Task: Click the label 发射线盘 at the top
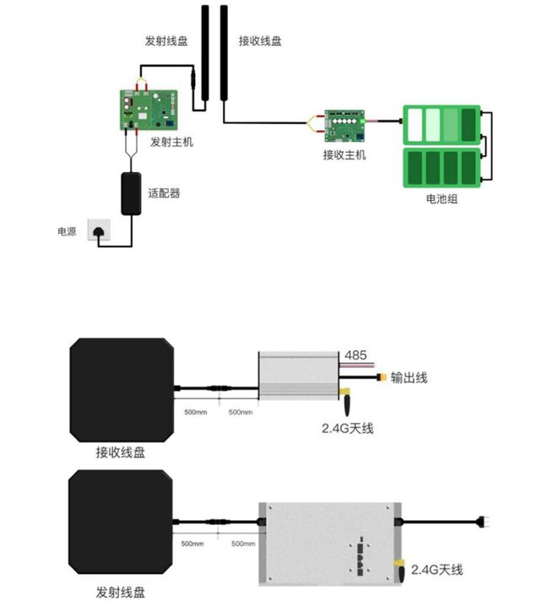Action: [165, 41]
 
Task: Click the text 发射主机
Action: [171, 142]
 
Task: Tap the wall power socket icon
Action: [100, 230]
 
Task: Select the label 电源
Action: [67, 230]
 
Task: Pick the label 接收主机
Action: [344, 155]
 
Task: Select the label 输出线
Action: [410, 378]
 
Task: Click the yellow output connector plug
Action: [385, 378]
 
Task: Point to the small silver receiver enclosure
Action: [299, 376]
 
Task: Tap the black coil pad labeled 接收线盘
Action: [121, 387]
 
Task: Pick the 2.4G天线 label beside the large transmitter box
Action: [438, 571]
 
